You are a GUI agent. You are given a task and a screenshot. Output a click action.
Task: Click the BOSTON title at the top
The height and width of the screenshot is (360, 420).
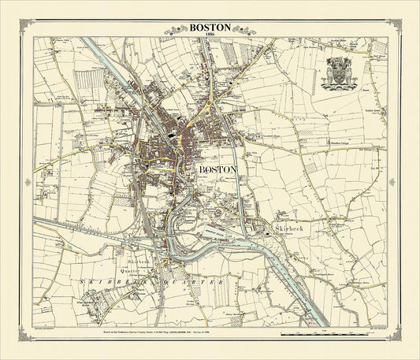click(x=210, y=26)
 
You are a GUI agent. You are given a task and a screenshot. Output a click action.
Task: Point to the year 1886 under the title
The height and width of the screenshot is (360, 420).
click(x=210, y=35)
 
